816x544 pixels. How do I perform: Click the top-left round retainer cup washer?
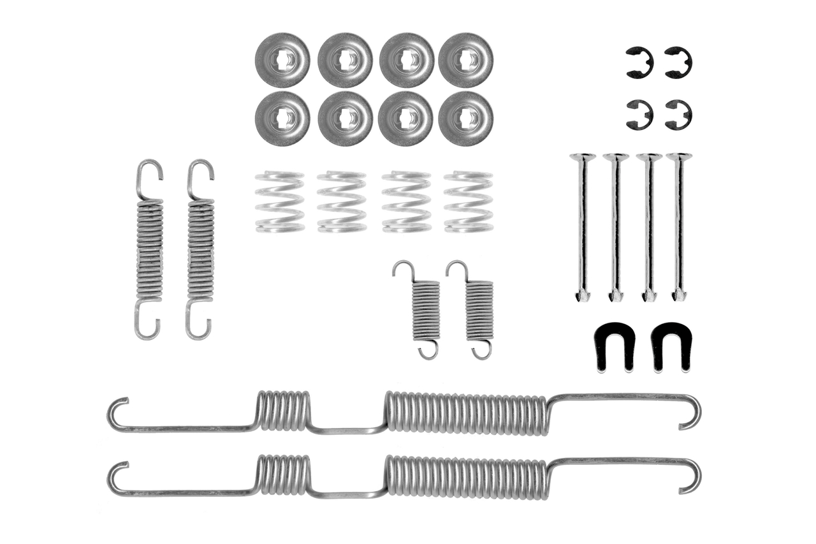282,60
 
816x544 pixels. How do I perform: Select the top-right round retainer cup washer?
466,60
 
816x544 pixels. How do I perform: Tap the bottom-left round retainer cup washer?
282,118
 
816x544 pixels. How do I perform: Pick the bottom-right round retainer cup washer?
466,118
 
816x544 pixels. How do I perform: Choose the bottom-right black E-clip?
678,115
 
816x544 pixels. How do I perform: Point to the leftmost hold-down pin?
583,226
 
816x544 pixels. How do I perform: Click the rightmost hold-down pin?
679,226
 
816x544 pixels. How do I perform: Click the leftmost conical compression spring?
279,202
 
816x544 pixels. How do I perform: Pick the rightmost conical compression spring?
469,202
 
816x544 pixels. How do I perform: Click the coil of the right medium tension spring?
201,249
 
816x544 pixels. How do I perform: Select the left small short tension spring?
423,309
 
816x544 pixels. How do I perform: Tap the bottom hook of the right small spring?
482,351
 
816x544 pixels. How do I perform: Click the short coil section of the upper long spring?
284,411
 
